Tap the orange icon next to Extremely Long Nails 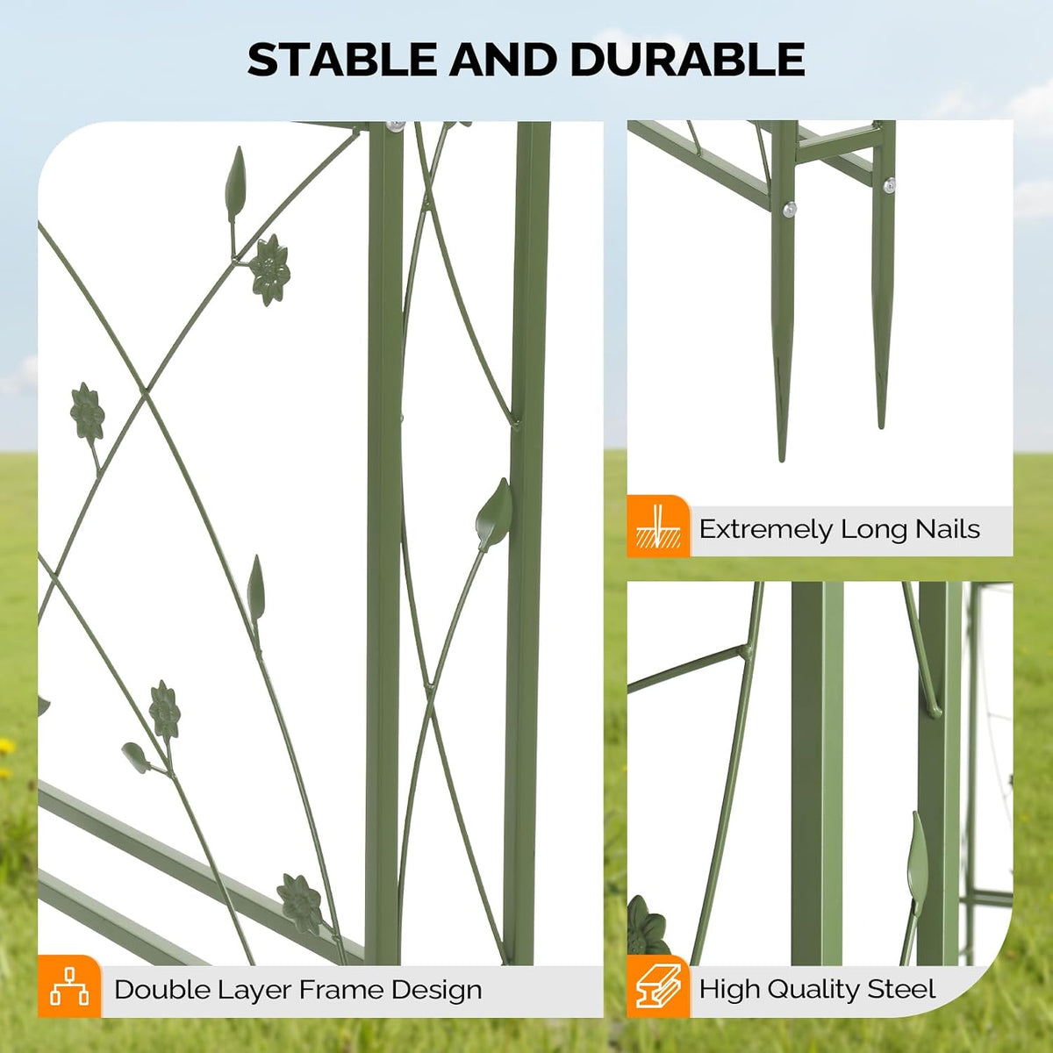click(658, 526)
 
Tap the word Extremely click(764, 530)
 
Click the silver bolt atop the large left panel click(395, 126)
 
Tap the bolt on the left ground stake click(789, 209)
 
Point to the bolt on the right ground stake click(890, 185)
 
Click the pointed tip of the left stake click(782, 461)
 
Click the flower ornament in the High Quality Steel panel click(648, 928)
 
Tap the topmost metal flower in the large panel click(269, 270)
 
